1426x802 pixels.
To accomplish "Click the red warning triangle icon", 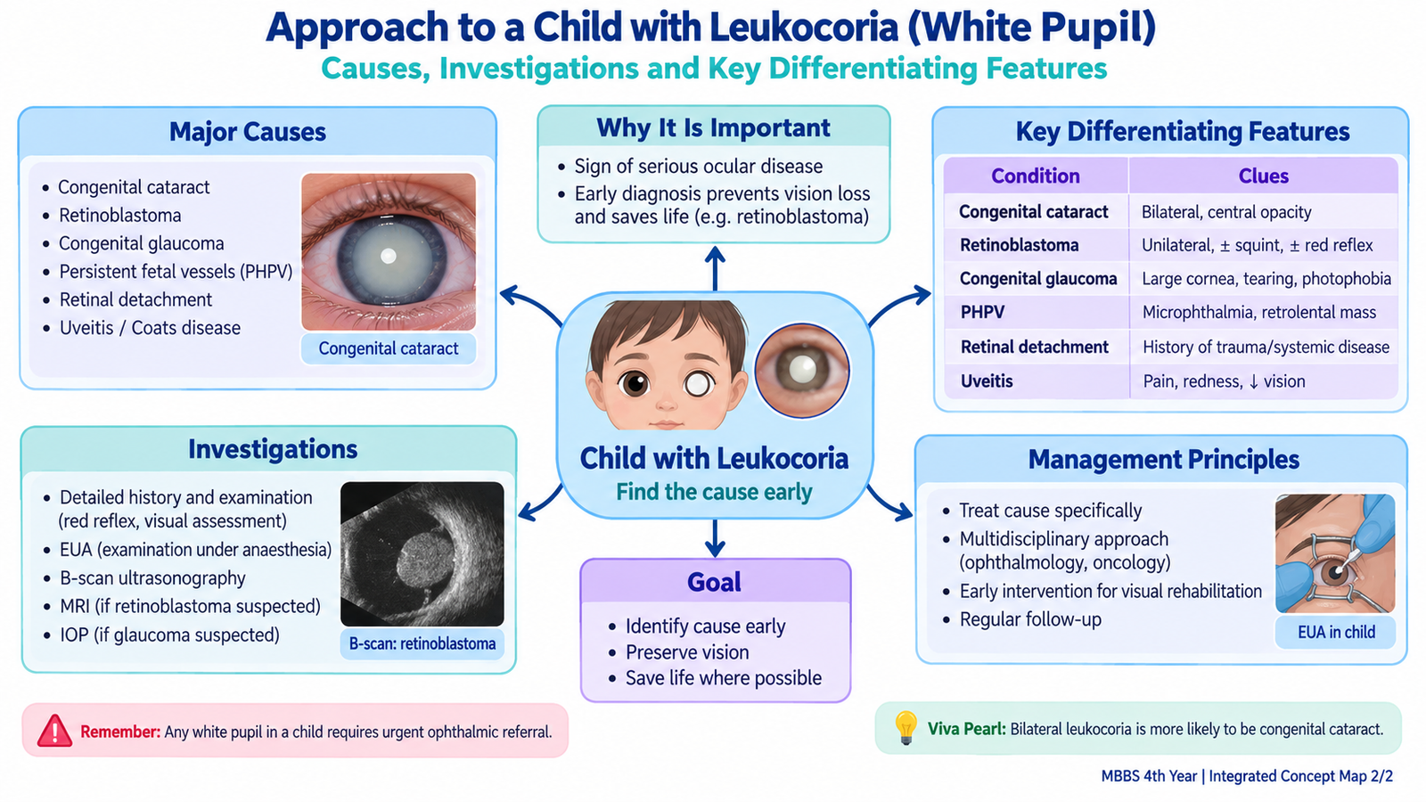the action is coord(54,731).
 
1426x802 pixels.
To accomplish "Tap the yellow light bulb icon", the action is coord(906,727).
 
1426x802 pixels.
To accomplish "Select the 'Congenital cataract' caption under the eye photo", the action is coord(389,348).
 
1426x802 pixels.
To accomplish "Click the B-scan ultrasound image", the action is coord(422,553).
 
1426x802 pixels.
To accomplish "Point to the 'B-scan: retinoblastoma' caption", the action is coord(422,643).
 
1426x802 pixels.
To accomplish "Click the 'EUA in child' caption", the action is coord(1336,632).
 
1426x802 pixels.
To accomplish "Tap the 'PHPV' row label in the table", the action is coord(982,313).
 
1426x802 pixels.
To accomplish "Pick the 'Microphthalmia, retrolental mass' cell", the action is coord(1259,313).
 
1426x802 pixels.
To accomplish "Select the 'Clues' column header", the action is coord(1263,176).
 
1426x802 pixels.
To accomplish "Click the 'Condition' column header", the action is coord(1035,176).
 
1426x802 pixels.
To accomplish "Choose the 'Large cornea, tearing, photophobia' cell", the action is coord(1266,279).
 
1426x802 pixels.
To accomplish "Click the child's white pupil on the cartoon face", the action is coord(699,384).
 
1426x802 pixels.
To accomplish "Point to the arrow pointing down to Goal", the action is coord(715,538).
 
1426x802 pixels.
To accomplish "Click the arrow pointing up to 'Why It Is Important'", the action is coord(715,268).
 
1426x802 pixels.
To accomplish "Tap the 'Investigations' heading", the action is coord(273,449).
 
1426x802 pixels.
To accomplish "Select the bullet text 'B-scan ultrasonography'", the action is coord(152,578).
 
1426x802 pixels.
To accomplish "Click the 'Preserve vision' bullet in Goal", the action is coord(687,652).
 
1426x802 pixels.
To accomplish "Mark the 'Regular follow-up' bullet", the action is coord(1030,619).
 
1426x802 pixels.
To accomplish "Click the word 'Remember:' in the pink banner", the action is coord(120,732).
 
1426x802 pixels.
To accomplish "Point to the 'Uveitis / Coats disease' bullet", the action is coord(151,328).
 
